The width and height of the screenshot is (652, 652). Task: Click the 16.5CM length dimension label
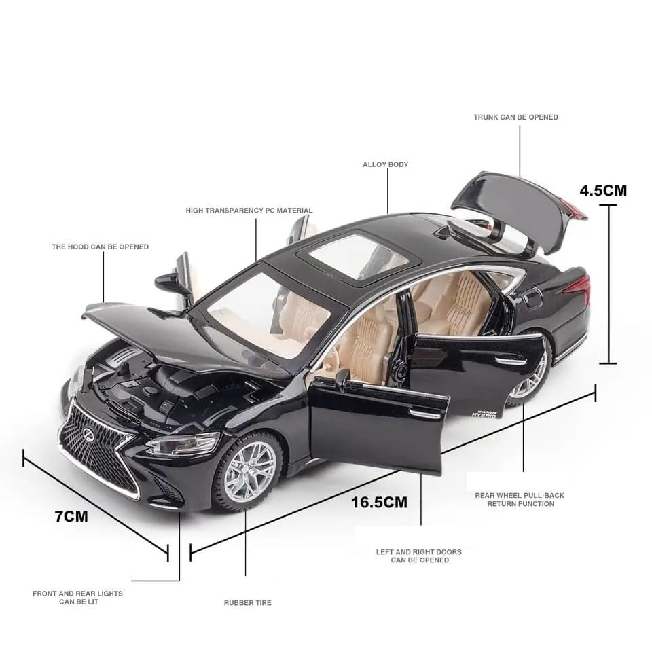[x=379, y=502]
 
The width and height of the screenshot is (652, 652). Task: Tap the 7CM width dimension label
[x=71, y=516]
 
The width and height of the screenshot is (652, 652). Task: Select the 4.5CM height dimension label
[x=603, y=190]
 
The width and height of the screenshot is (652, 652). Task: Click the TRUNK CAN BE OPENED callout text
[x=516, y=117]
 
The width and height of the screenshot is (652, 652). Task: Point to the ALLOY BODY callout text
[x=386, y=164]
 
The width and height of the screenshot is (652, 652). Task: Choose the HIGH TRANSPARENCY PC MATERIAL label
[x=249, y=211]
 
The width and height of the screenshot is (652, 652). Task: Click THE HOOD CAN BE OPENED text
[x=101, y=247]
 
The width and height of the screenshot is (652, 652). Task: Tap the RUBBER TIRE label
[x=247, y=603]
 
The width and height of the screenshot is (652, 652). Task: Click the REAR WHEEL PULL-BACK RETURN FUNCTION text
[x=520, y=499]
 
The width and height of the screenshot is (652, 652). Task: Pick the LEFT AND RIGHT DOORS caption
[x=419, y=556]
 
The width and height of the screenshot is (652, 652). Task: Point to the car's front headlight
[x=183, y=443]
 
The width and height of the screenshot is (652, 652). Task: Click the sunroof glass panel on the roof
[x=359, y=256]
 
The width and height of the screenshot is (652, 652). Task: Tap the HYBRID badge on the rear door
[x=484, y=414]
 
